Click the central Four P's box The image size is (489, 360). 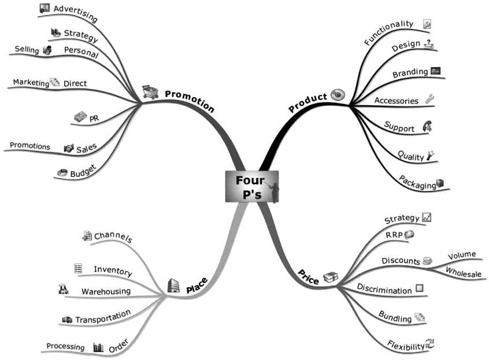click(251, 187)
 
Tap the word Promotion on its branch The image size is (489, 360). click(190, 101)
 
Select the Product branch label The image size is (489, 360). click(308, 102)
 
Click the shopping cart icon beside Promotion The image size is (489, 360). click(150, 92)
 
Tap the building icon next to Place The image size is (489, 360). click(173, 285)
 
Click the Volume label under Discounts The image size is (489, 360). click(462, 254)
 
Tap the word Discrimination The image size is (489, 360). click(384, 289)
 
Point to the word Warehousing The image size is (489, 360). click(106, 291)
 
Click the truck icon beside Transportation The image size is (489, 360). click(66, 320)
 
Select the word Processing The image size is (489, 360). click(65, 347)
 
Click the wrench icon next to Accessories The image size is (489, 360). click(429, 99)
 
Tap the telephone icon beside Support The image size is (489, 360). click(427, 127)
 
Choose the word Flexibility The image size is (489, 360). click(406, 346)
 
